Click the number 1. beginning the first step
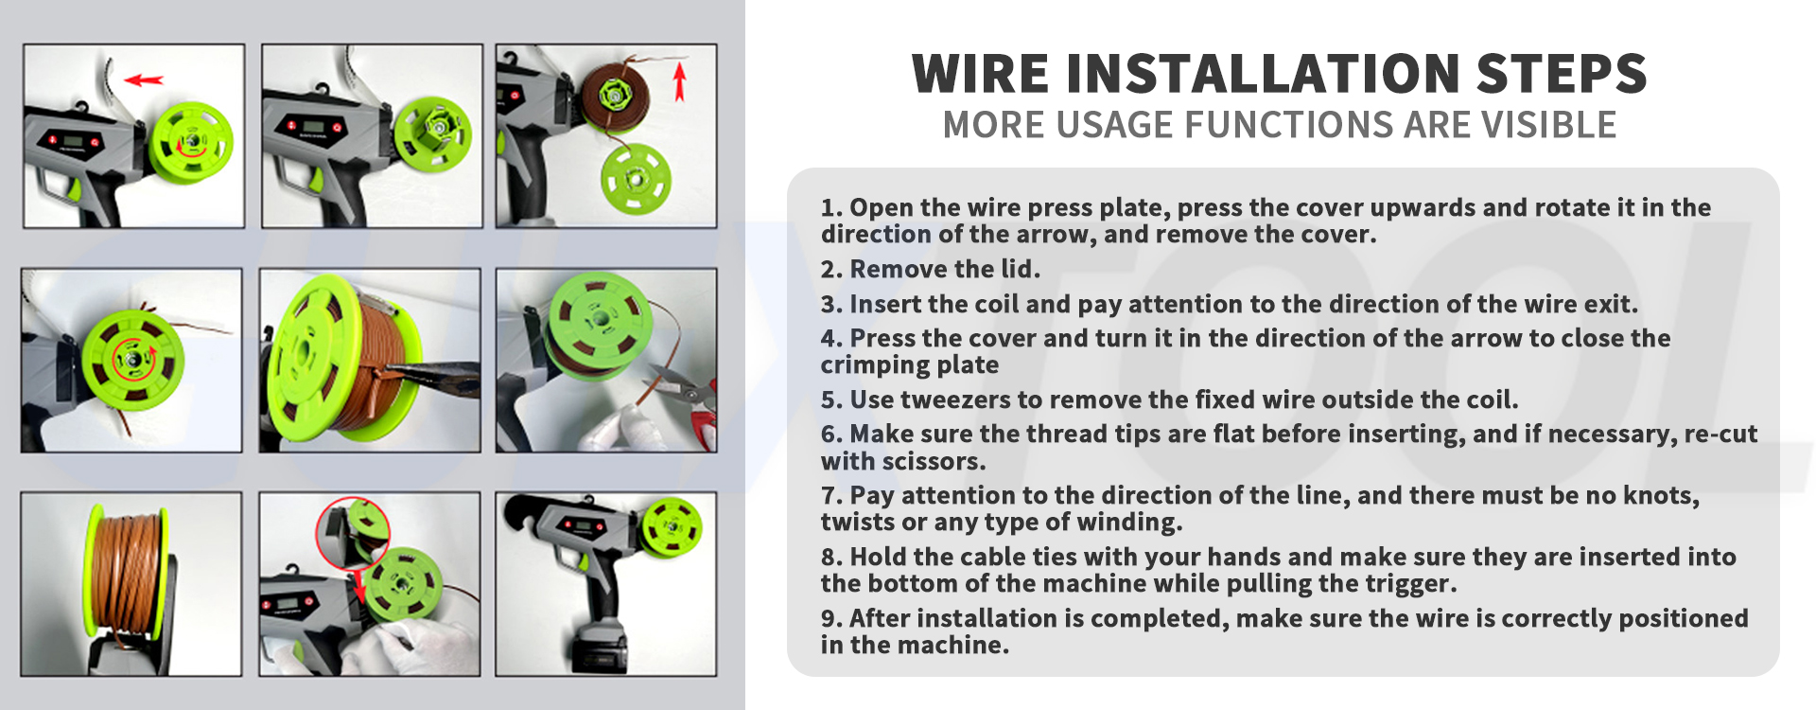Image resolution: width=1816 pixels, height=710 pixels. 831,208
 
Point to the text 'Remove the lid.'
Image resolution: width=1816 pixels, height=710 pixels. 945,270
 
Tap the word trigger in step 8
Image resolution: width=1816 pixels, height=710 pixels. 1408,584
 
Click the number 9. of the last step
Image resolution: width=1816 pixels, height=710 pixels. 831,619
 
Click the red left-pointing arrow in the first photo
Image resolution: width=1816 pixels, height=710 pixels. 144,80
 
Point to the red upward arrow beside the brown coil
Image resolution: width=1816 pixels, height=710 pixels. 678,81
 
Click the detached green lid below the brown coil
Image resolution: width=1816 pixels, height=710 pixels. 635,178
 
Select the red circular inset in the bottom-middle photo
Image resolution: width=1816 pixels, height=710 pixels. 353,534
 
